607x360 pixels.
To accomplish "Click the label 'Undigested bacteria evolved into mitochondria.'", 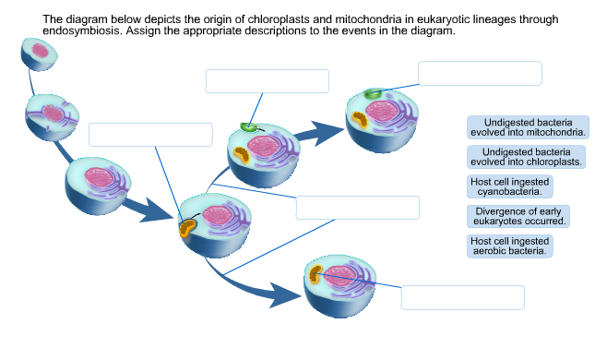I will pos(529,127).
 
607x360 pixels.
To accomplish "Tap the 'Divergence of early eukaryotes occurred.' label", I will pos(518,216).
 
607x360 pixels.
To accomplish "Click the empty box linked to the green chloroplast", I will pos(480,73).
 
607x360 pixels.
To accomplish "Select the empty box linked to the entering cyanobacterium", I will pos(267,81).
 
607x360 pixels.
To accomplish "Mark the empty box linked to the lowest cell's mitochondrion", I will pos(462,297).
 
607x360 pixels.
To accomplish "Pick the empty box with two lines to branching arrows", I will pos(357,208).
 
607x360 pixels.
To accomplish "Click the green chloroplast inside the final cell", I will pos(373,94).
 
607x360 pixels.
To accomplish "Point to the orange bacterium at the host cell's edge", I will pos(187,227).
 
